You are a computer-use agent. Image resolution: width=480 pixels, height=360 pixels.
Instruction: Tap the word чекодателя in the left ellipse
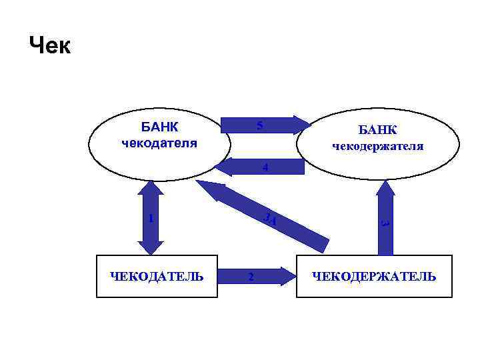[159, 143]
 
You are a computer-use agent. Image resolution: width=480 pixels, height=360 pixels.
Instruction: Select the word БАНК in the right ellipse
[377, 129]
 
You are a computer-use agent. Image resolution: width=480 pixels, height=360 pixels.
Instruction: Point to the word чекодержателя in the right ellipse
[377, 146]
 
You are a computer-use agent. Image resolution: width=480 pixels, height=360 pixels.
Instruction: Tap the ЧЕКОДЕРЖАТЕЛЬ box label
[374, 276]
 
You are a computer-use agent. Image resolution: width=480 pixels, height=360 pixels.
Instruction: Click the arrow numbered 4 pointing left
[260, 167]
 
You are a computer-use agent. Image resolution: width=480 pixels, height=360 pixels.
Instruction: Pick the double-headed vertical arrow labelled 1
[153, 218]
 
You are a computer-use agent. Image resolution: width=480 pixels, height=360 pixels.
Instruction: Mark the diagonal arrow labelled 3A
[267, 213]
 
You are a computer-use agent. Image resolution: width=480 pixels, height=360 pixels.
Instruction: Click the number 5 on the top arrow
[259, 125]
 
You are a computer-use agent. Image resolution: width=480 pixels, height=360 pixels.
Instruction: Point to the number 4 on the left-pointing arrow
[265, 168]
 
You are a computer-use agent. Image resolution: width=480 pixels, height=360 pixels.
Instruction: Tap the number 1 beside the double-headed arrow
[151, 218]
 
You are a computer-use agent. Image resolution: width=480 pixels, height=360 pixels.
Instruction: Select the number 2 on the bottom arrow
[250, 277]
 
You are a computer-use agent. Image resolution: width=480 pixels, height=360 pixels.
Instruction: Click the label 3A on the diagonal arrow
[270, 218]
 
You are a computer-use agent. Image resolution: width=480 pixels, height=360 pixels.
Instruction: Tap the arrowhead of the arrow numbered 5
[302, 125]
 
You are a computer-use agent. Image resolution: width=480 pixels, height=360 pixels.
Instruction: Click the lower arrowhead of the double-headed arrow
[153, 247]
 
